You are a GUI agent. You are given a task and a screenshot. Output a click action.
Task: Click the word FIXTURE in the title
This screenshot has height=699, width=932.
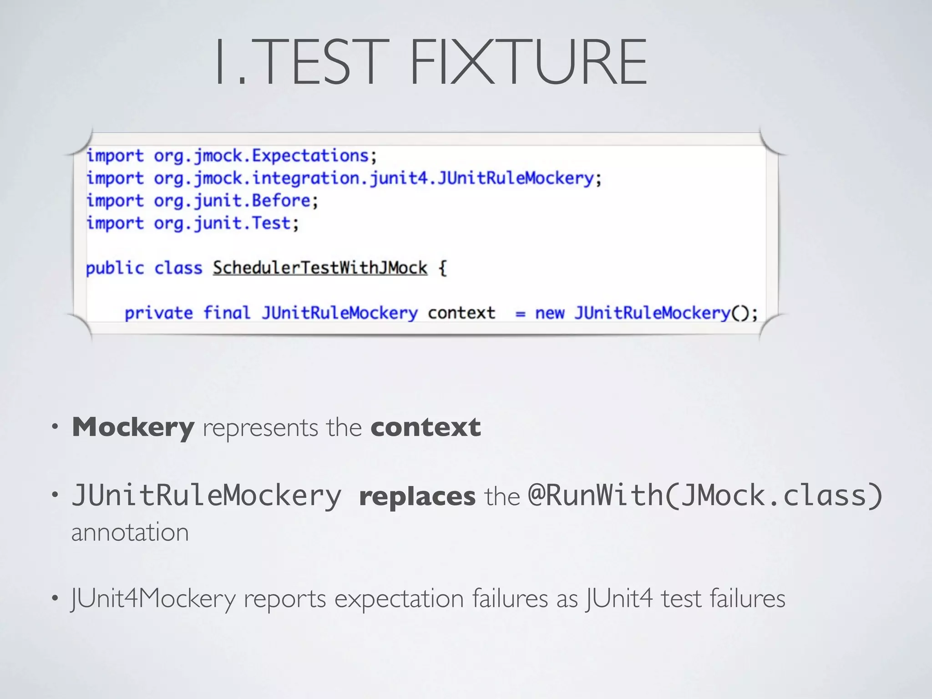click(529, 62)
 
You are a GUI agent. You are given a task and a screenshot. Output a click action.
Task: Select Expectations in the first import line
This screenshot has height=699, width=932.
click(310, 156)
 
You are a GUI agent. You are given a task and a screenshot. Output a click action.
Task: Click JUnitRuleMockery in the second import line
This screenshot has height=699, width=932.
click(516, 178)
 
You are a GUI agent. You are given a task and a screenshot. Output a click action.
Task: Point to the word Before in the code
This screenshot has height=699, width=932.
click(281, 201)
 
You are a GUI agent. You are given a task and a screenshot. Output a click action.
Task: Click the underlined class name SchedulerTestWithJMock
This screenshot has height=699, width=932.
click(320, 268)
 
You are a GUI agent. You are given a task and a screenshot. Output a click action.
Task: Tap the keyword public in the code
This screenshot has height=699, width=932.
click(115, 268)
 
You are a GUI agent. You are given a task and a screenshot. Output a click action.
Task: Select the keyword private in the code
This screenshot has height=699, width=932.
click(158, 313)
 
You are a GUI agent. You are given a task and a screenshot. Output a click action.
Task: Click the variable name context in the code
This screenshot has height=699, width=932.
click(461, 313)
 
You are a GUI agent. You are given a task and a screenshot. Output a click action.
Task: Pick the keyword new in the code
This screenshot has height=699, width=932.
click(549, 313)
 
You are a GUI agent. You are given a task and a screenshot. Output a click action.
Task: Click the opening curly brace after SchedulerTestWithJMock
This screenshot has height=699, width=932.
click(442, 268)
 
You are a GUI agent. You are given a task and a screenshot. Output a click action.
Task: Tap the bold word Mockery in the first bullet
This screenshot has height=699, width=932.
click(133, 428)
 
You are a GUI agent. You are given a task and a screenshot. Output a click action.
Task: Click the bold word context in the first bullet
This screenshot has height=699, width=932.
click(425, 428)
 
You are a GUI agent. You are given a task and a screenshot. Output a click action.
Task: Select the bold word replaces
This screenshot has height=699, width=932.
click(417, 496)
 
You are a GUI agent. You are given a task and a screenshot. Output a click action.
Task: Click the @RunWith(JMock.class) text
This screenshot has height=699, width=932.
click(705, 496)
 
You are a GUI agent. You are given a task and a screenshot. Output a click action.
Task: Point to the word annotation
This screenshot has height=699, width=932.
click(130, 532)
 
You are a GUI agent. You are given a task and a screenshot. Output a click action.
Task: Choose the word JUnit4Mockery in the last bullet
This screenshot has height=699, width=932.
click(153, 599)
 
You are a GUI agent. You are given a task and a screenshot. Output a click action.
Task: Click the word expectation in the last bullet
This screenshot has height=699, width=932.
click(399, 599)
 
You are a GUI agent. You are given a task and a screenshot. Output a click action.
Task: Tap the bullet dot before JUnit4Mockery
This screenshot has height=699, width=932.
click(55, 598)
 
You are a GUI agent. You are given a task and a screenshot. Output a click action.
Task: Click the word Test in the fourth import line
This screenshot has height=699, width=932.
click(271, 223)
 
